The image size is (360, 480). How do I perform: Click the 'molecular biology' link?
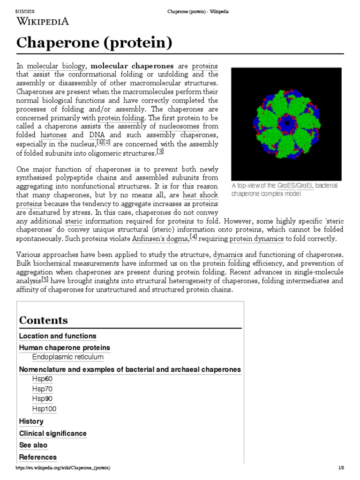56,66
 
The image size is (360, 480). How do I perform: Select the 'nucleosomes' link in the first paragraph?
179,126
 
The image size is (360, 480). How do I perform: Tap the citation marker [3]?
160,151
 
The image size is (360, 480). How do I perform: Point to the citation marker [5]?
45,279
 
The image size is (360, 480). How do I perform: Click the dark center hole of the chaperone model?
285,123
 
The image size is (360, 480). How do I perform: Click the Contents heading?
43,320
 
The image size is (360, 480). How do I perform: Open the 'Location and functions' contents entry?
58,336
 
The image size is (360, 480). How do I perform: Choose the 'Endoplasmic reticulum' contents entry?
68,357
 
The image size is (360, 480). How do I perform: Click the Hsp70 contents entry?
42,389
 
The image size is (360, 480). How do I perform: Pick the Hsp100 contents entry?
44,409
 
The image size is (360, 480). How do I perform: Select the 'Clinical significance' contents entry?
52,434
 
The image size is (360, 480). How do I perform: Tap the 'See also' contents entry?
33,445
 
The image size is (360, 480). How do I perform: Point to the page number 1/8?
341,469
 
